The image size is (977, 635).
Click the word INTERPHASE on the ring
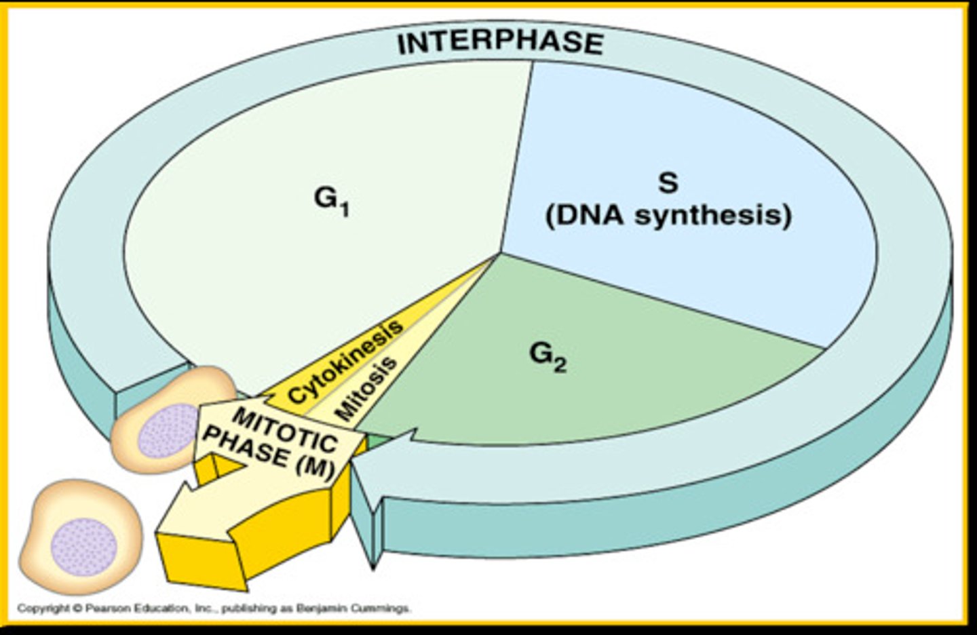(x=500, y=42)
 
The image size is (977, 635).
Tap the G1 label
(x=331, y=200)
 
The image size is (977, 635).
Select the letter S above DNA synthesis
(x=668, y=182)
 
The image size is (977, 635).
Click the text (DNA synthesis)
(x=668, y=216)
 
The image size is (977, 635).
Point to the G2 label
(x=547, y=355)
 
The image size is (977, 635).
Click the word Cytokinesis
(x=345, y=362)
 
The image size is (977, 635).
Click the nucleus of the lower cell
(x=84, y=547)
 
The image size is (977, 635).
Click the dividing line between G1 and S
(x=516, y=156)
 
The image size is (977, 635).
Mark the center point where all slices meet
(x=501, y=253)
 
